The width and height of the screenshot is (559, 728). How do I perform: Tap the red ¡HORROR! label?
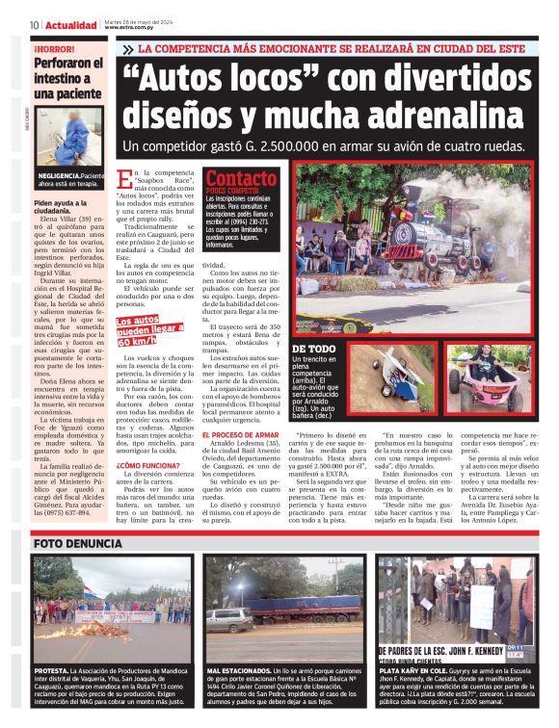[57, 47]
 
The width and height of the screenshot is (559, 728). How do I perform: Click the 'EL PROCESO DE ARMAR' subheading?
[240, 435]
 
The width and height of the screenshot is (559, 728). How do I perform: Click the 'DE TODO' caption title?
[313, 349]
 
